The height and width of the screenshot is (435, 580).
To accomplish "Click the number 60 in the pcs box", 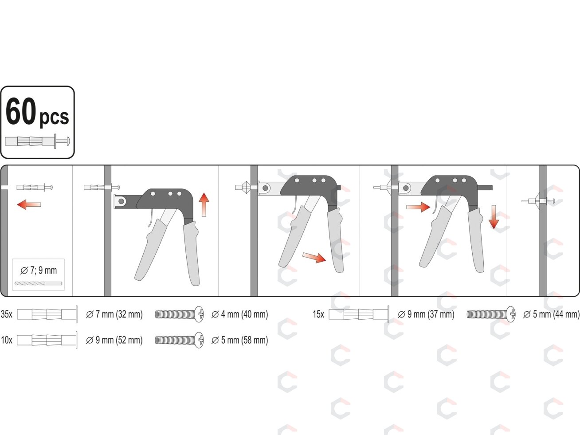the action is click(20, 111).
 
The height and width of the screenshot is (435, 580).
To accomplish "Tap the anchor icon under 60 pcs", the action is click(37, 141).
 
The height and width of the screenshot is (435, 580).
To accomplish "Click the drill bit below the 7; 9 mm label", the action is click(38, 283).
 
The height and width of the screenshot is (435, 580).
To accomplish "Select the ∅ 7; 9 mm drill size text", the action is click(39, 270).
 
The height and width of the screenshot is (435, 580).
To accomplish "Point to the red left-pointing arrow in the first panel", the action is click(29, 204).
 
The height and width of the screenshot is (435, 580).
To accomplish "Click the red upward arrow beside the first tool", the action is click(204, 205).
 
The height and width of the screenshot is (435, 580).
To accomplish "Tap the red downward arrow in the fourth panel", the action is click(494, 217).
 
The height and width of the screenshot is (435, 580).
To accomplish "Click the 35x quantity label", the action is click(7, 314).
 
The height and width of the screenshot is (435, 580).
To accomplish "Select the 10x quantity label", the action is click(7, 340).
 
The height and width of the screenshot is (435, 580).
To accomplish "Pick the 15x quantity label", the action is click(318, 314).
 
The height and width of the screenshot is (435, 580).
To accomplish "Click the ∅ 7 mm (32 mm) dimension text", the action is click(114, 314).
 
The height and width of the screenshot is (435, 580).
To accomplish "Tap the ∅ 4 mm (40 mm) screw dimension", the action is click(239, 314).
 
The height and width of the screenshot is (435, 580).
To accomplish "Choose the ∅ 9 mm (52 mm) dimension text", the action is click(114, 340).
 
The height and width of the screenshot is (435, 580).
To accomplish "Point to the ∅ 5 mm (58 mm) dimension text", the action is click(239, 340).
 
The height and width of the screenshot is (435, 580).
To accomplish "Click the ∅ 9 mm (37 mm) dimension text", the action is click(426, 314).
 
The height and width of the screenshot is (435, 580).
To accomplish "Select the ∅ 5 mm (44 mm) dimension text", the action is click(551, 314).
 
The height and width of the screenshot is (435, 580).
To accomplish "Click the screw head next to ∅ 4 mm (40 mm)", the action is click(199, 314).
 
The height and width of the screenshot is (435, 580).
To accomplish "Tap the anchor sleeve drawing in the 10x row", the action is click(47, 340).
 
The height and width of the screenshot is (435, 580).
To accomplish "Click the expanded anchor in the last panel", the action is click(538, 201).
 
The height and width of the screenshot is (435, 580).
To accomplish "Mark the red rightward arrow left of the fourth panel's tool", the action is click(418, 207).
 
